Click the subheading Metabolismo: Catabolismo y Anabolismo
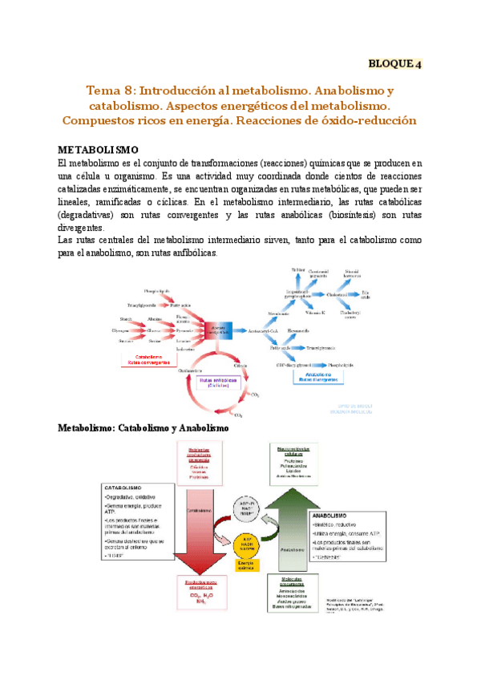[x=143, y=428]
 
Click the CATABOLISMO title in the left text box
[x=123, y=487]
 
